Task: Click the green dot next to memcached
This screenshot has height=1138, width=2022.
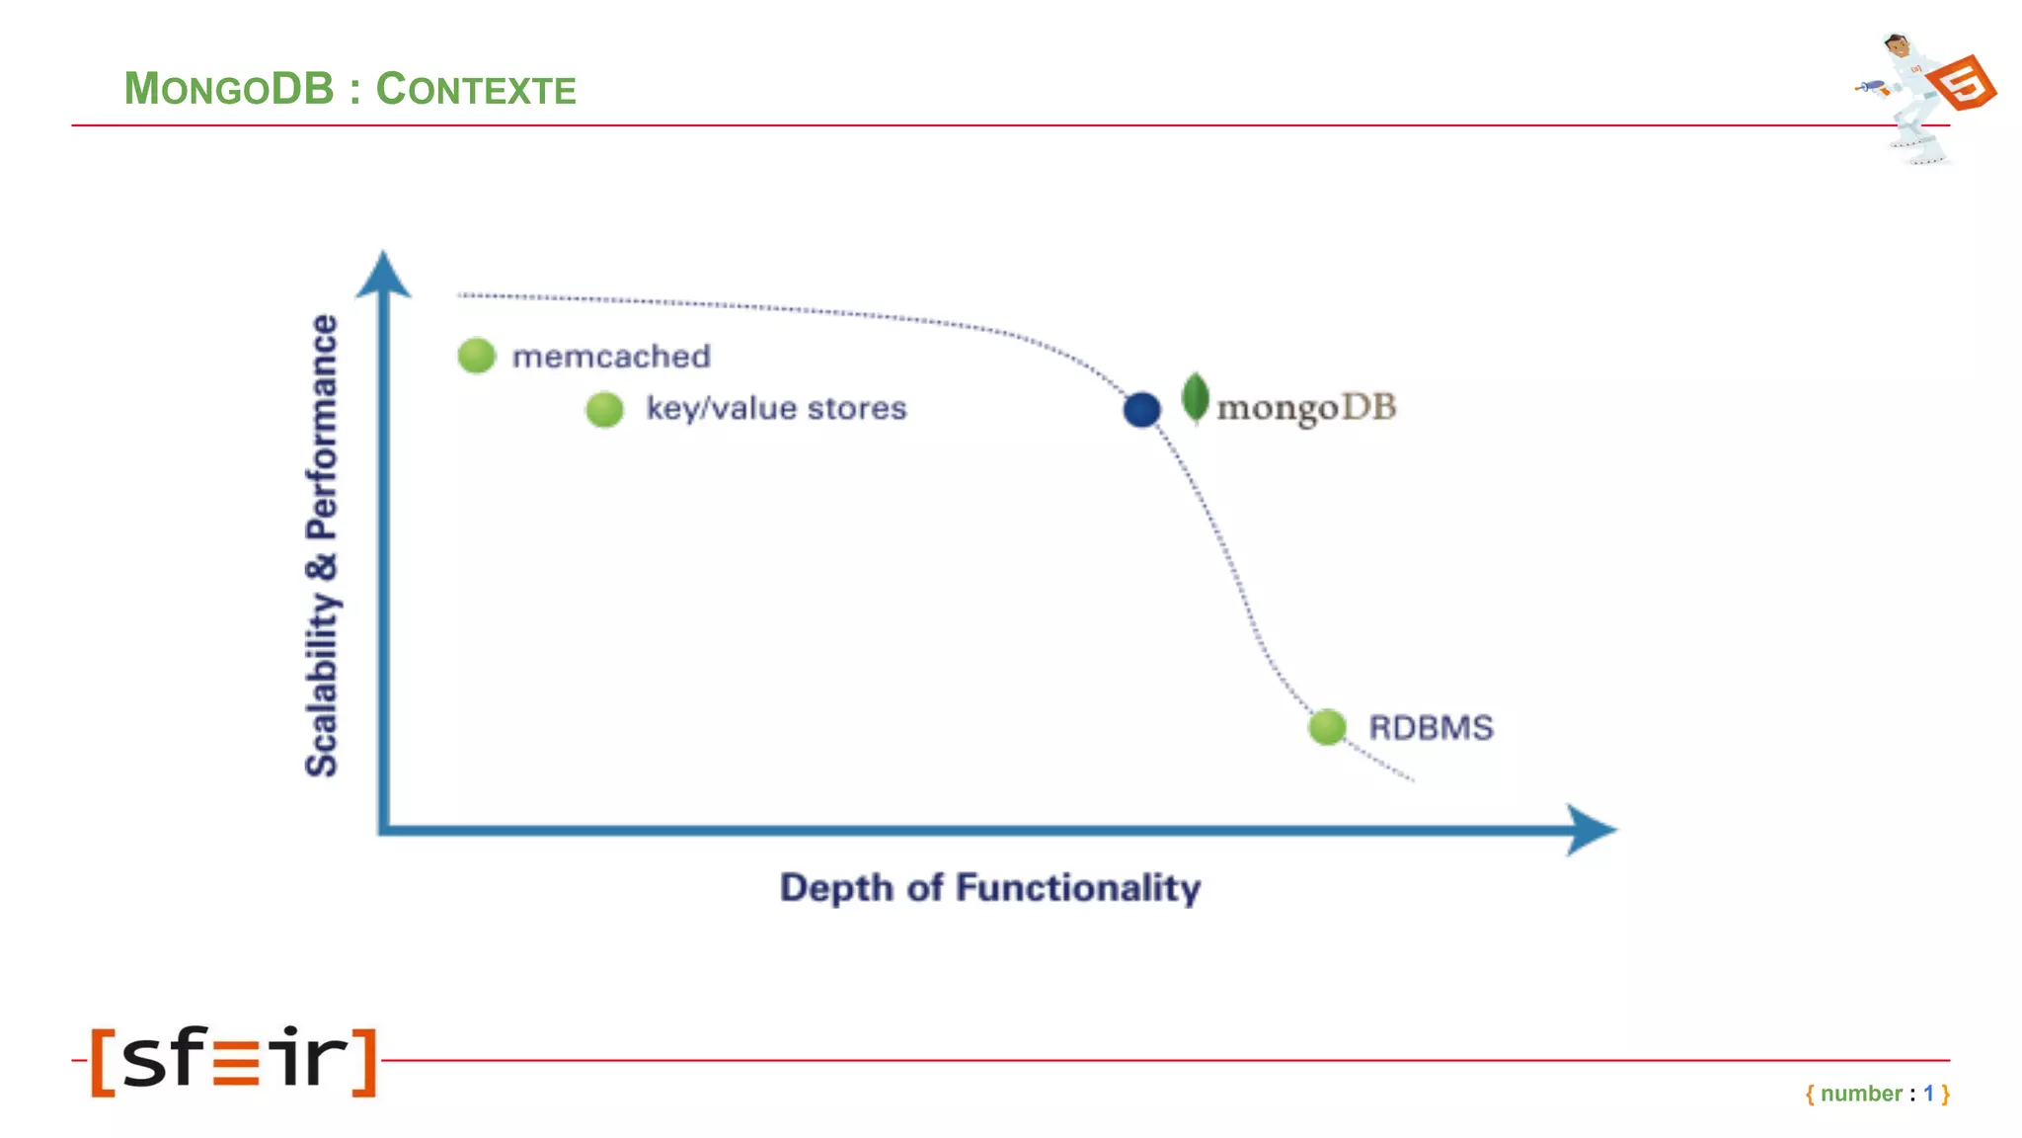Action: click(x=476, y=356)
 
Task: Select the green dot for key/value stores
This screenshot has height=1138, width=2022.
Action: click(x=604, y=409)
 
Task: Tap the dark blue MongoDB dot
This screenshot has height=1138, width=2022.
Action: click(x=1141, y=409)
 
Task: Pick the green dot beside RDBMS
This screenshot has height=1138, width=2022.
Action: click(x=1327, y=727)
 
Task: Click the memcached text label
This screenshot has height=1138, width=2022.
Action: click(x=611, y=357)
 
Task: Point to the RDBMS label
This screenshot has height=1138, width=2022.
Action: click(x=1431, y=728)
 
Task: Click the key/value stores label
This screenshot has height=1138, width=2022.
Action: click(x=776, y=408)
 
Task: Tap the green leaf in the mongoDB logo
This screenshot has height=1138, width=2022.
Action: click(x=1195, y=397)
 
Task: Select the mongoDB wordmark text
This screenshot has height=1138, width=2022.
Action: click(x=1306, y=407)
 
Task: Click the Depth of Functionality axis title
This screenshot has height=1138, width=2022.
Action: click(x=990, y=887)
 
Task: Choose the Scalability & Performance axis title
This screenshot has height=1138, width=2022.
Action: click(x=322, y=545)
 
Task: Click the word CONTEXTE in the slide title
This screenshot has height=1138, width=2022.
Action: click(x=476, y=89)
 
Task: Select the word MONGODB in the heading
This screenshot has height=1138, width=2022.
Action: click(x=229, y=89)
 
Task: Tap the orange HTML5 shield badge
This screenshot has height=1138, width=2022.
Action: click(x=1963, y=84)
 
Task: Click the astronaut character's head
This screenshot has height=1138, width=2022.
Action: click(x=1897, y=45)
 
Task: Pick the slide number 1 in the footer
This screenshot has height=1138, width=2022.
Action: click(x=1928, y=1094)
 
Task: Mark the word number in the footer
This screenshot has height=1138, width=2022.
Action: click(x=1861, y=1094)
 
